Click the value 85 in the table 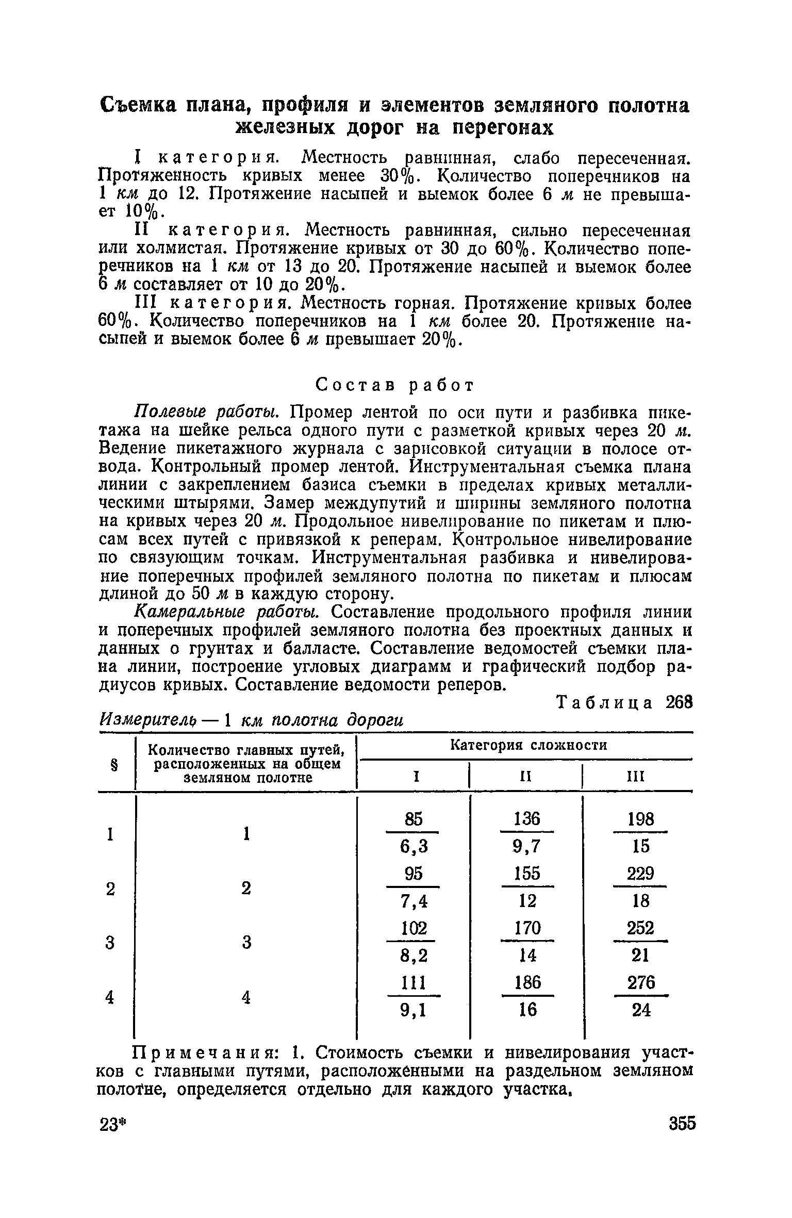(x=414, y=818)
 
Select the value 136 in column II (x=526, y=818)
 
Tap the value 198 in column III (x=641, y=818)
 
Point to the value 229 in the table (x=641, y=874)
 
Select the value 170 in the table (x=526, y=928)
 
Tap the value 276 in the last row (x=641, y=983)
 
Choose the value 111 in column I (x=414, y=983)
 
